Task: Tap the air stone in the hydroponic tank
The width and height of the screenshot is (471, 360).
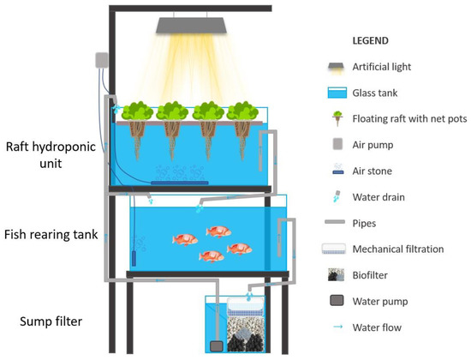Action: click(x=180, y=182)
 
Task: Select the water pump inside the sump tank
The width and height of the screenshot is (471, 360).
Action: click(x=216, y=345)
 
